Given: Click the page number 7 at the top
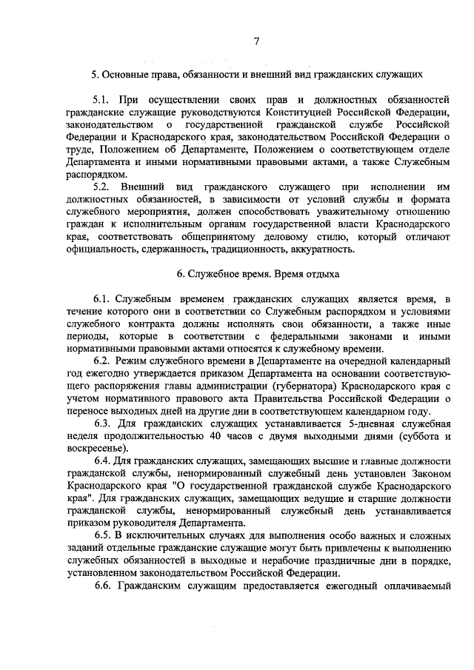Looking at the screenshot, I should pyautogui.click(x=256, y=42).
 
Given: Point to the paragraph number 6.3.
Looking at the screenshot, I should pyautogui.click(x=103, y=423).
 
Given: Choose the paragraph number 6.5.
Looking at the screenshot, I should pyautogui.click(x=103, y=535).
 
